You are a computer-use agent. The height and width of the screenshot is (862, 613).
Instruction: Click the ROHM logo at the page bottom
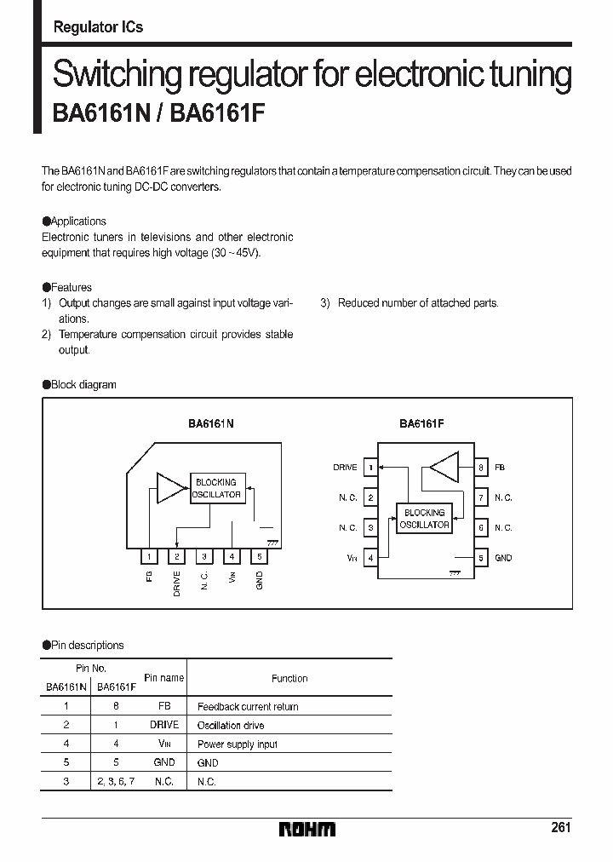pos(306,829)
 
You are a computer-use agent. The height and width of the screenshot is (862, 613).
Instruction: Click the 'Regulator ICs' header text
pos(98,27)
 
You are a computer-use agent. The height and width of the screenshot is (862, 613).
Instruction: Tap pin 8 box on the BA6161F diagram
pos(481,468)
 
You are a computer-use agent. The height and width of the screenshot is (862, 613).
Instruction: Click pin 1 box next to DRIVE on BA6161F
pos(370,468)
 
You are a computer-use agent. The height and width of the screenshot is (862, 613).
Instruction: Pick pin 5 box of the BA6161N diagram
pos(259,557)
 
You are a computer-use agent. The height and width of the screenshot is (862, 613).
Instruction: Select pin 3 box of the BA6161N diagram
pos(204,557)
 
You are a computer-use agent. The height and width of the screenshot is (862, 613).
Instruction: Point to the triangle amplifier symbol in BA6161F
pos(444,467)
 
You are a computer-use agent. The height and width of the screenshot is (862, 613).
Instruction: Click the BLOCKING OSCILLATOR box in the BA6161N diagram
pos(216,488)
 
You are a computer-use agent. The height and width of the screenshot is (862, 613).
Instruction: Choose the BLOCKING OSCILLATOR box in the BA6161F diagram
pos(424,519)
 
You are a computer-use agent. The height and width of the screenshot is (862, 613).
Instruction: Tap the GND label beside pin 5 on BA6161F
pos(503,558)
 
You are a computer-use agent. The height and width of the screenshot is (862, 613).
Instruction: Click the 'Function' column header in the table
pos(289,679)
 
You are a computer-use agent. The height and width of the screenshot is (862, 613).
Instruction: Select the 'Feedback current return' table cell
pos(248,707)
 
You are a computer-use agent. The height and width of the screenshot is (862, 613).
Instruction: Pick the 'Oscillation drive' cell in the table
pos(231,726)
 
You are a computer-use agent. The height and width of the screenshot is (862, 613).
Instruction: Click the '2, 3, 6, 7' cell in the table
pos(116,782)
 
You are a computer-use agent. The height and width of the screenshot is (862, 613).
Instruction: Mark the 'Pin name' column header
pos(164,678)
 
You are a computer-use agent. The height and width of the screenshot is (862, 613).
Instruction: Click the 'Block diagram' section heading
pos(83,385)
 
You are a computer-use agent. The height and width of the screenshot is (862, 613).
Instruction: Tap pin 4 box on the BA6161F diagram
pos(370,558)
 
